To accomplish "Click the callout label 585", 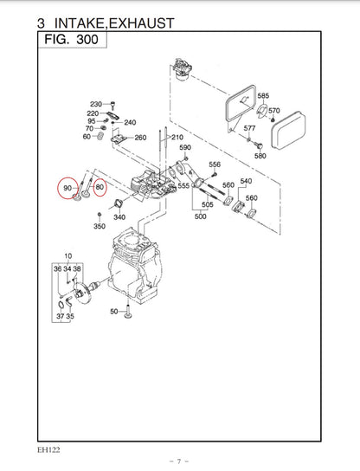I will (x=263, y=96).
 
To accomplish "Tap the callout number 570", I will (x=274, y=111).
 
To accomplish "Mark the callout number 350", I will (x=100, y=226).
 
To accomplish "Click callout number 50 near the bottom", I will (x=113, y=311).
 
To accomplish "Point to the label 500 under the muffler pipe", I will (x=200, y=216).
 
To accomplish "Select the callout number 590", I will (x=184, y=148).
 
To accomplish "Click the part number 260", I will (x=141, y=138).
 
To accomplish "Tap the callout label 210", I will (x=177, y=138).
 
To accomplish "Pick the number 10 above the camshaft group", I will (x=67, y=257).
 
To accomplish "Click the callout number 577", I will (x=250, y=129).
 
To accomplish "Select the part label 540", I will (x=246, y=181).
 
